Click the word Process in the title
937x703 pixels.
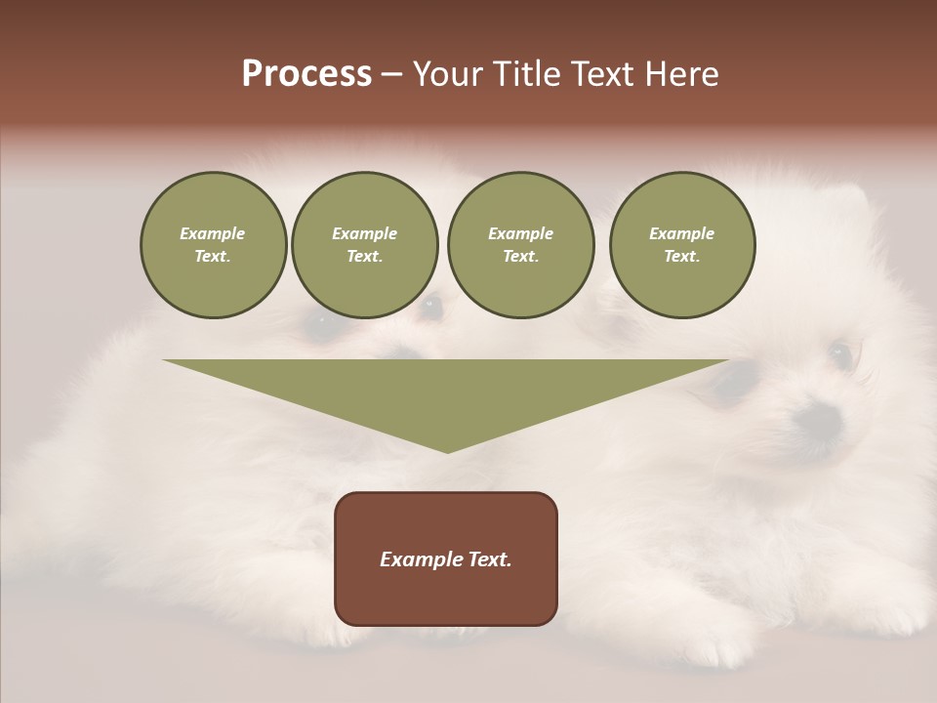click(x=306, y=73)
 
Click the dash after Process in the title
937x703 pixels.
click(x=392, y=75)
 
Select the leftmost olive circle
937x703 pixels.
click(x=213, y=245)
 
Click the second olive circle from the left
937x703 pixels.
click(x=364, y=245)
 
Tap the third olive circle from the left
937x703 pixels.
click(x=520, y=245)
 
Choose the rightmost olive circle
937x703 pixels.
click(x=681, y=245)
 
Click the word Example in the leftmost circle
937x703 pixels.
click(x=213, y=233)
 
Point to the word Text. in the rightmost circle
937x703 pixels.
click(x=681, y=257)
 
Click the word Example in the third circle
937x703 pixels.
click(x=520, y=233)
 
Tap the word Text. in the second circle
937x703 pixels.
click(x=364, y=257)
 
